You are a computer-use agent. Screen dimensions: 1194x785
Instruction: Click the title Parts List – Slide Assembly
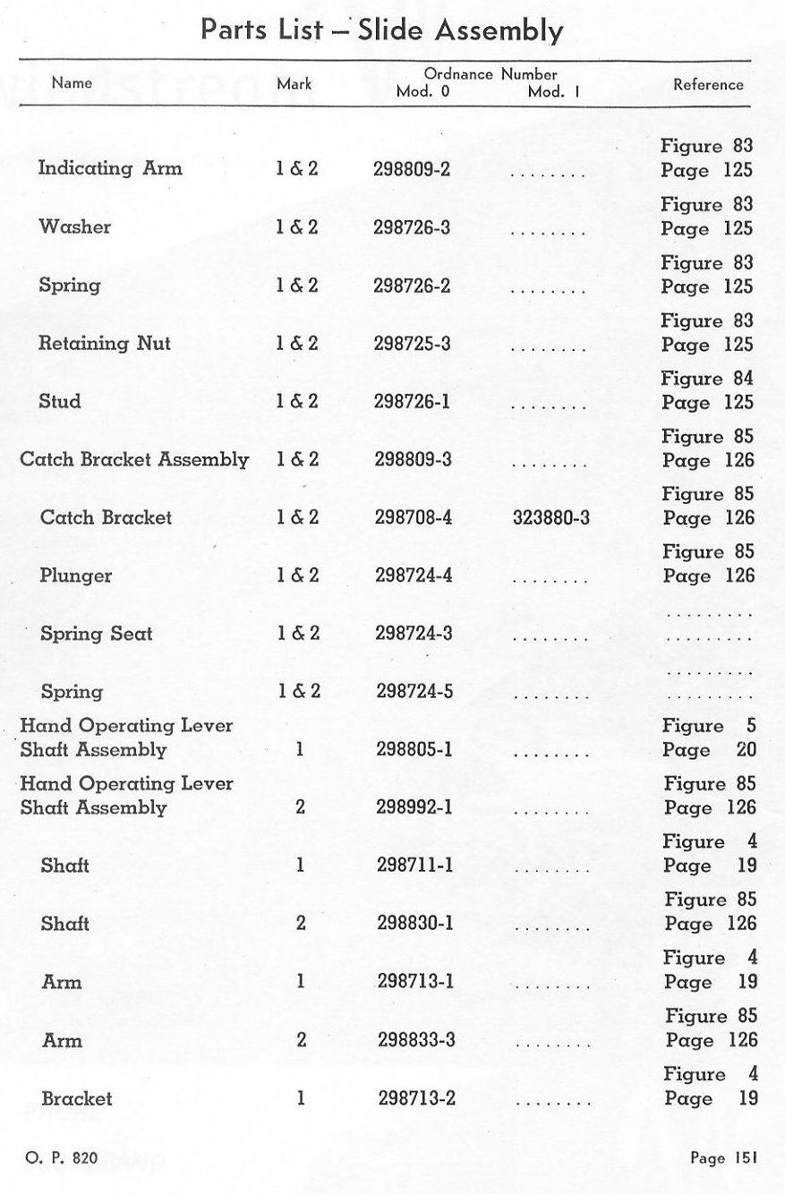[x=382, y=30]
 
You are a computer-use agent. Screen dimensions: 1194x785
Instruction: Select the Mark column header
[x=294, y=84]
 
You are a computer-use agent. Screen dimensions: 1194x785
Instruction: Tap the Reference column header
[x=708, y=84]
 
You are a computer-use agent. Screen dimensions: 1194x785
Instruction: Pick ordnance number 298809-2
[x=412, y=169]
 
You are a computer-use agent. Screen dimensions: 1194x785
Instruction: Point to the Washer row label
[x=75, y=227]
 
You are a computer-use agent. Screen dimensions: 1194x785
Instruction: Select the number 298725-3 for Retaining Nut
[x=412, y=344]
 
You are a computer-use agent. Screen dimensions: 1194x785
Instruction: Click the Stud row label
[x=60, y=402]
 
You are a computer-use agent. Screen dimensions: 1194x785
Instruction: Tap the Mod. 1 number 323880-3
[x=551, y=517]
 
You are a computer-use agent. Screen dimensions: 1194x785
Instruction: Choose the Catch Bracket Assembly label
[x=134, y=460]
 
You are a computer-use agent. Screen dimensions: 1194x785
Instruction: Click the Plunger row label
[x=76, y=576]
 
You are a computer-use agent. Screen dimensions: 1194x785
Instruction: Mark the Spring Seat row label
[x=97, y=634]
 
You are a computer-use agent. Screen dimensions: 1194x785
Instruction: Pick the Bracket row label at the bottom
[x=77, y=1098]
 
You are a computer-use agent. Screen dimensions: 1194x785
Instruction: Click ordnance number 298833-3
[x=417, y=1040]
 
